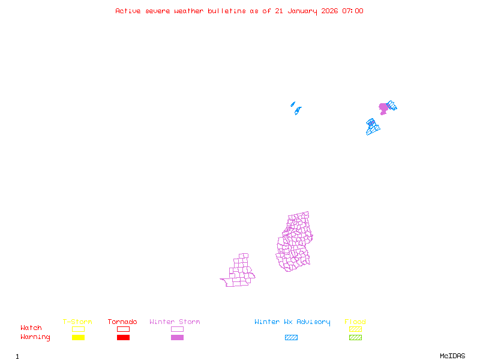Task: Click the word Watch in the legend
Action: [31, 328]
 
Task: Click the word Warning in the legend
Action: [35, 337]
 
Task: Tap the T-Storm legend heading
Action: [77, 322]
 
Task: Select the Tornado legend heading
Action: [122, 322]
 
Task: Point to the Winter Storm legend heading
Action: [175, 322]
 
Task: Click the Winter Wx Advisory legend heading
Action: [292, 322]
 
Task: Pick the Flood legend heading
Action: [355, 322]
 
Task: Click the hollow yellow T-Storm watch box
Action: [78, 329]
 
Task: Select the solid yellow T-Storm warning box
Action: [78, 338]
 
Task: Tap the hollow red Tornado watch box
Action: [123, 329]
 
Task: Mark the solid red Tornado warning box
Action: [123, 338]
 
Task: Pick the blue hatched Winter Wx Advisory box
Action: [291, 338]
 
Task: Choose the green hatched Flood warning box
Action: [355, 338]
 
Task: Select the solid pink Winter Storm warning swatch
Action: [177, 338]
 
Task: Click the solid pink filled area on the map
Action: [383, 108]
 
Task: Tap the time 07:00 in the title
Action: [353, 11]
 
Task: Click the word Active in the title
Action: [128, 11]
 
